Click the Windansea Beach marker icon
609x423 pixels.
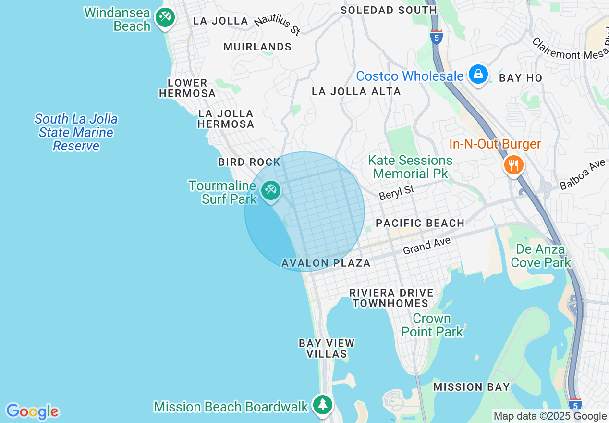point(165,18)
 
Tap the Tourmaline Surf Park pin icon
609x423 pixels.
point(270,190)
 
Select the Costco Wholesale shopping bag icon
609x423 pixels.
point(478,74)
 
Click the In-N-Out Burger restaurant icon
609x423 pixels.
point(514,165)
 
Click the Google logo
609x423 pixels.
point(32,411)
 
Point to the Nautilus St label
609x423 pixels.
point(278,25)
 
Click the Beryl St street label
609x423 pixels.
point(396,192)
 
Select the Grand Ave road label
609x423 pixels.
point(426,245)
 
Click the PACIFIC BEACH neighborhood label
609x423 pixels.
point(420,223)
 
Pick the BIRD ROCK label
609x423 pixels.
point(249,162)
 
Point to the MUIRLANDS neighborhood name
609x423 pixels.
point(257,47)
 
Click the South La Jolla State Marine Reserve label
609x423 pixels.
point(76,132)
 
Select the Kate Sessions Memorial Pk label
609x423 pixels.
point(410,166)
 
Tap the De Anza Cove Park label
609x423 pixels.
point(541,256)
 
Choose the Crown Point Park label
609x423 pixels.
point(432,325)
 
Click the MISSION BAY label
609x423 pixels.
point(471,387)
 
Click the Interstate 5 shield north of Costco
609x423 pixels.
point(436,37)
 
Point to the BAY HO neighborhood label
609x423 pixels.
point(521,78)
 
